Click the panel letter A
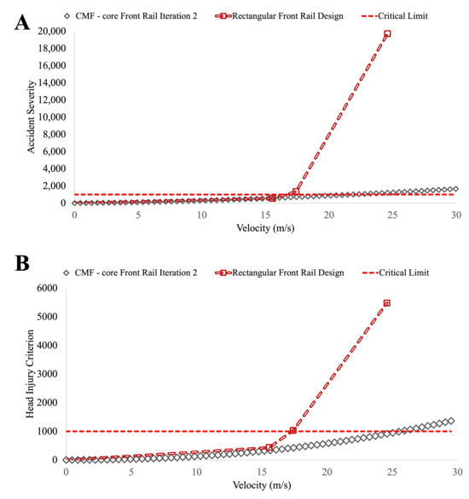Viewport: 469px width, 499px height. click(22, 22)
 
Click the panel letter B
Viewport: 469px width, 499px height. click(22, 263)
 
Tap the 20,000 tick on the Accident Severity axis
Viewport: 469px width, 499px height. click(52, 32)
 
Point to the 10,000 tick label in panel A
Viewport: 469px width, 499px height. click(52, 117)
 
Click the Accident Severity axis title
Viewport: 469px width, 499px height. click(31, 117)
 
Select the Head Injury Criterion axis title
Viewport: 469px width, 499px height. click(30, 374)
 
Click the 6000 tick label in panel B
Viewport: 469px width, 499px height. click(47, 288)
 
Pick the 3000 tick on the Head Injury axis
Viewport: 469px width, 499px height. click(47, 374)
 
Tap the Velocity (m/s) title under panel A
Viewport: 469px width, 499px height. click(265, 228)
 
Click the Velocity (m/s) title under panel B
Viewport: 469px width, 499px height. click(262, 485)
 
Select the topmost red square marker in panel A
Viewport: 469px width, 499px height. click(387, 33)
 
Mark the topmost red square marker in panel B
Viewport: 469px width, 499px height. click(387, 303)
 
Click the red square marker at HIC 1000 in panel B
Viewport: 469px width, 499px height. click(292, 431)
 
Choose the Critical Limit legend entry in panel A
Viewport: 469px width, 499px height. click(395, 16)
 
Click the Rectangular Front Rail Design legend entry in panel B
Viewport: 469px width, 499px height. click(280, 272)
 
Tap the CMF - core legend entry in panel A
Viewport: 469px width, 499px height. click(130, 16)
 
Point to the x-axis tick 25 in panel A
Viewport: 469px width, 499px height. click(392, 215)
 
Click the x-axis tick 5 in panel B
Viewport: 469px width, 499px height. click(131, 472)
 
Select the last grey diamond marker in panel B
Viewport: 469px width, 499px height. click(451, 421)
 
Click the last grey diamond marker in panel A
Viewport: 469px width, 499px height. click(455, 189)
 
